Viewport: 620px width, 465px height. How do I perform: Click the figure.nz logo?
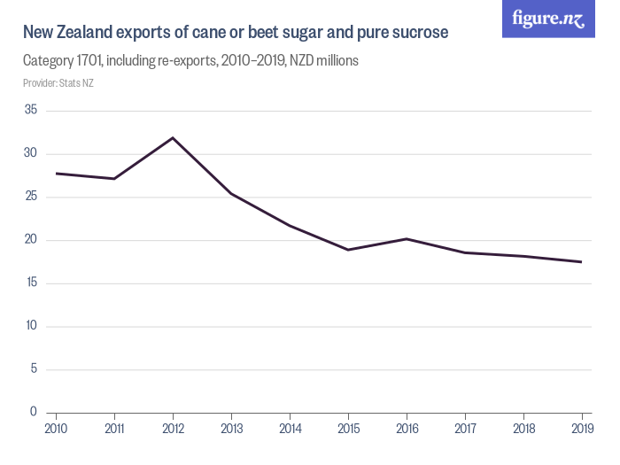[x=549, y=19]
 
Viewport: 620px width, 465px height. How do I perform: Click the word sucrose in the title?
[x=417, y=33]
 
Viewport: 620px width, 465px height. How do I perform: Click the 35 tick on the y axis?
[x=31, y=110]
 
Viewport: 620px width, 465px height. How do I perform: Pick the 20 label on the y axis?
[x=31, y=240]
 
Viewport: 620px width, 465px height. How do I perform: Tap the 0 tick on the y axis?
[x=34, y=412]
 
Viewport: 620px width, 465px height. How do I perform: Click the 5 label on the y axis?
[x=34, y=369]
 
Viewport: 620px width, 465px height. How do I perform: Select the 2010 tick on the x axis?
[x=56, y=430]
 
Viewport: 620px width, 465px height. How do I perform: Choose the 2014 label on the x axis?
[x=290, y=430]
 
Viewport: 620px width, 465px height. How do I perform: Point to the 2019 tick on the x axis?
[x=582, y=430]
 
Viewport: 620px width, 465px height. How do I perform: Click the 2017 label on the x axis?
[x=465, y=430]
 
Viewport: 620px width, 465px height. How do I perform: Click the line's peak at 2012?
[x=173, y=137]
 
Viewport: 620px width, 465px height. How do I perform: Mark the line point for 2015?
[x=348, y=250]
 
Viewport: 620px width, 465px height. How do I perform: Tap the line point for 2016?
[x=407, y=238]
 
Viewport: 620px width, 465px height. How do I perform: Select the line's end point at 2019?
[x=582, y=262]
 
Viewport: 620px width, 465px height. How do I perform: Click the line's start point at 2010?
[x=56, y=174]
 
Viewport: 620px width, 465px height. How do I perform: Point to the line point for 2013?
[x=231, y=194]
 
